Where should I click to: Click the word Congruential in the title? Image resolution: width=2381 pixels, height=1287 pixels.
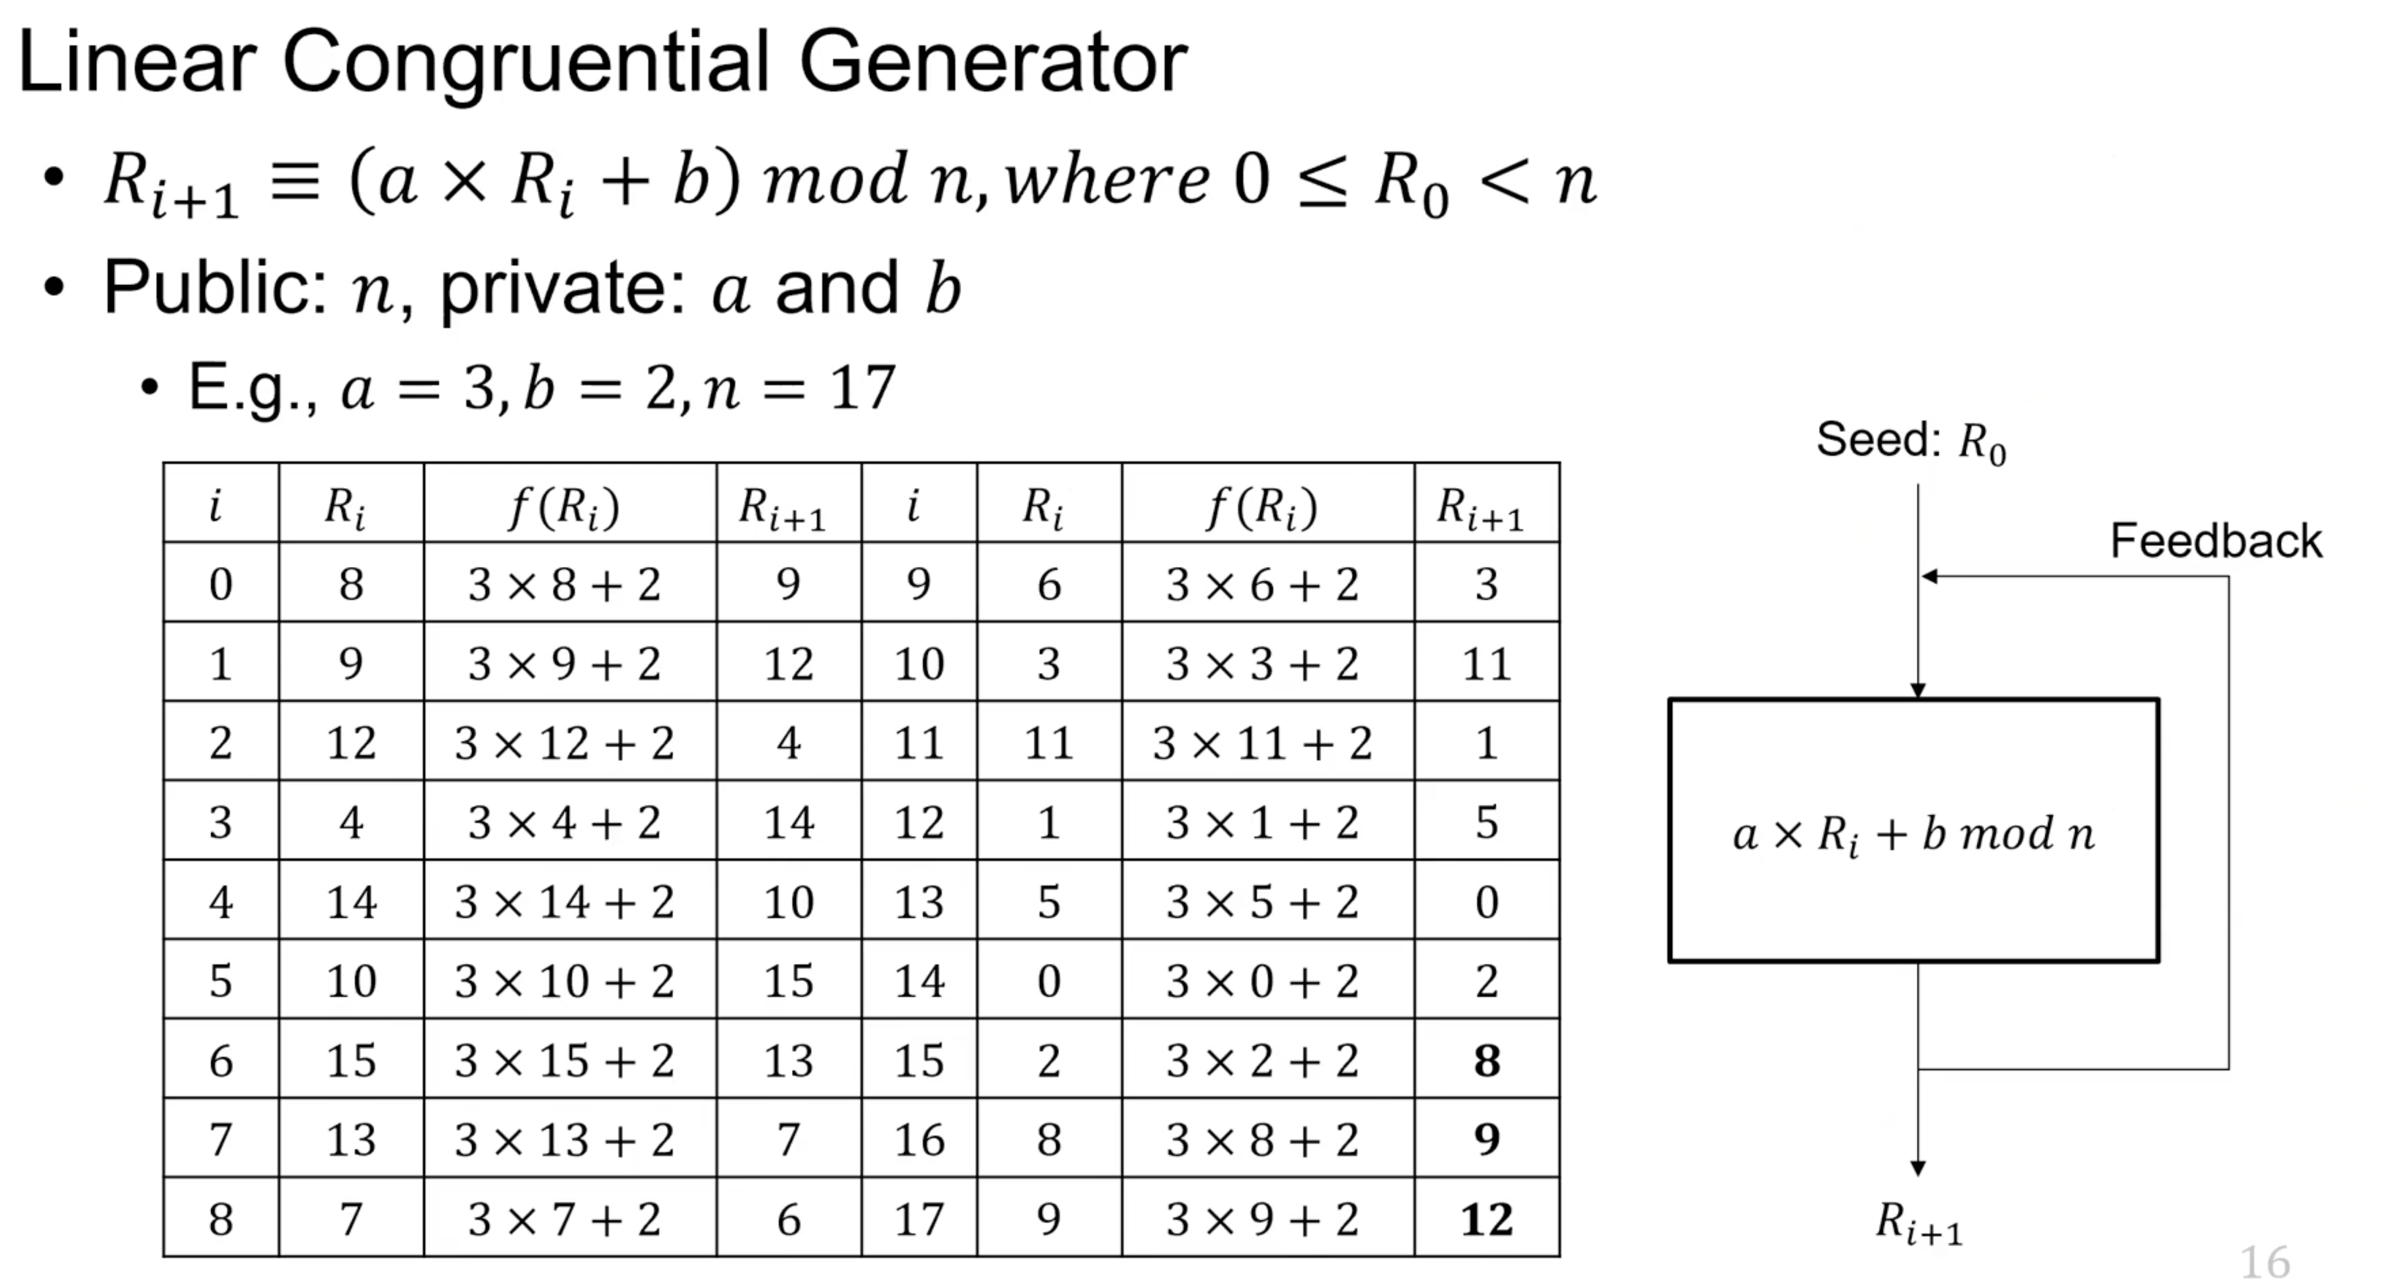click(524, 63)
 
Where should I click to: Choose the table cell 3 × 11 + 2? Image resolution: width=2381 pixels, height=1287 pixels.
click(1262, 743)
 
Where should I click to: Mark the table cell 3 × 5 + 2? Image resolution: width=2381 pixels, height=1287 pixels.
click(1262, 901)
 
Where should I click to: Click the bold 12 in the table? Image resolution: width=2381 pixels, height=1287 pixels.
click(1486, 1218)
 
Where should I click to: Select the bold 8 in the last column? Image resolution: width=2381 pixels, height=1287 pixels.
click(1486, 1059)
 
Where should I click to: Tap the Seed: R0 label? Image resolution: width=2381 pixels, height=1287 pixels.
click(1909, 441)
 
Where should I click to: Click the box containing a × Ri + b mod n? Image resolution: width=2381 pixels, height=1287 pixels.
click(1913, 831)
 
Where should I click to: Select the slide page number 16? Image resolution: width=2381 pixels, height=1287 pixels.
click(2264, 1262)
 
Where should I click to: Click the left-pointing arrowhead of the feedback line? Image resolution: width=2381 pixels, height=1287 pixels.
click(1929, 577)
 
